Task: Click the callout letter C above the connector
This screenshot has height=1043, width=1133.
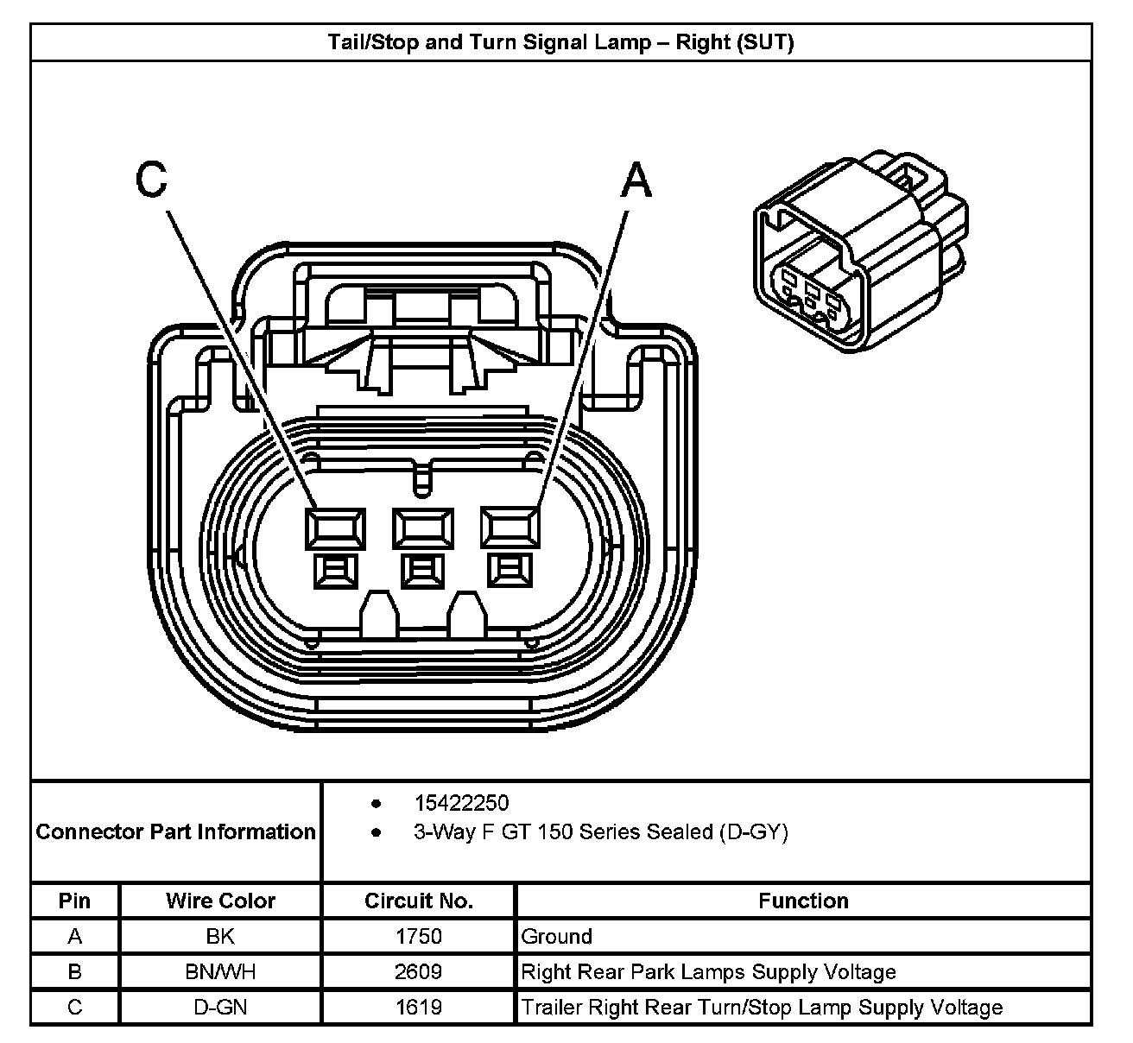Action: (151, 181)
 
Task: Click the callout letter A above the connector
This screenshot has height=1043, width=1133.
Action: (636, 181)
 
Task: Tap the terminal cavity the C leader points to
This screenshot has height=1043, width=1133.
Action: (334, 528)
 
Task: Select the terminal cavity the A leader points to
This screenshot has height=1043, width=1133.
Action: (510, 528)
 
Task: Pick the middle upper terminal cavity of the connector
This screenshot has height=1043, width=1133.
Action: (422, 528)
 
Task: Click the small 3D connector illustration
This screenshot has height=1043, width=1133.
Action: (858, 251)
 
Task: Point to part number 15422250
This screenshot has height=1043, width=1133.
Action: (461, 804)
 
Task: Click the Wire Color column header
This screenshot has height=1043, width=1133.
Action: (220, 901)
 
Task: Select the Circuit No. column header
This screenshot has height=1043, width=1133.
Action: (418, 901)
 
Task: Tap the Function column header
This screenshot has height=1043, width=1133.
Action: (803, 901)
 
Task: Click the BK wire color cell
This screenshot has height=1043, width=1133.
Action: (220, 937)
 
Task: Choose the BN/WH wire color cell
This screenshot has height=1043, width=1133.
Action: (220, 972)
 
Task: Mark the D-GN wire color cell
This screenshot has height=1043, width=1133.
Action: (220, 1008)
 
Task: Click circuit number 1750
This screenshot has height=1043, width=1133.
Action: (418, 937)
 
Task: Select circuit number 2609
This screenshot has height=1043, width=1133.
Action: (418, 972)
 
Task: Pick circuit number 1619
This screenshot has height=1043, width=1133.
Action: (418, 1008)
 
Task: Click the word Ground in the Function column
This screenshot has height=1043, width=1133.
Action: (557, 937)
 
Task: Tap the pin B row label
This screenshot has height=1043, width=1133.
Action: (75, 972)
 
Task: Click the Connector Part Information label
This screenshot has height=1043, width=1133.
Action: (176, 832)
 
